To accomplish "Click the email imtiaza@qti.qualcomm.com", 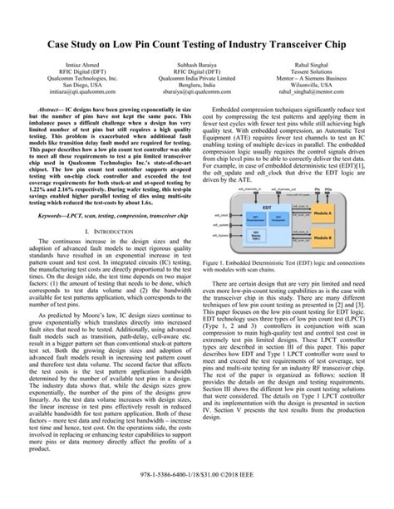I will click(x=81, y=115).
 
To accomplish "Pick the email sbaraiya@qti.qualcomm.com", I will click(x=197, y=115).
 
